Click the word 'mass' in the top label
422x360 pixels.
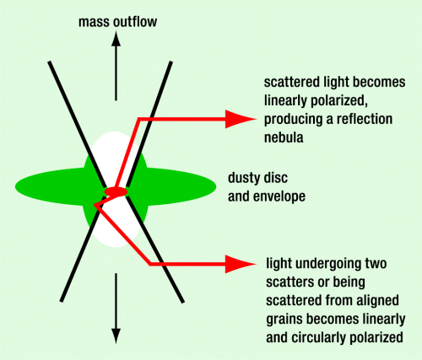[93, 23]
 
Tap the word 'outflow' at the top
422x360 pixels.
[133, 22]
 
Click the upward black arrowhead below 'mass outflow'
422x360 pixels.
[116, 39]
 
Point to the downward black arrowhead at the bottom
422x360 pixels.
[116, 336]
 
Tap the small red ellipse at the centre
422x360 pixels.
[116, 191]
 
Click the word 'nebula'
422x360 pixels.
[284, 137]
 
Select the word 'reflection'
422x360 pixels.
[365, 119]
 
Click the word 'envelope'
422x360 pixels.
[279, 196]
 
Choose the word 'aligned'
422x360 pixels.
[378, 301]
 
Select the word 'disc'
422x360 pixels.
[277, 178]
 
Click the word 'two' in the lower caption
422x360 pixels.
[376, 264]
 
